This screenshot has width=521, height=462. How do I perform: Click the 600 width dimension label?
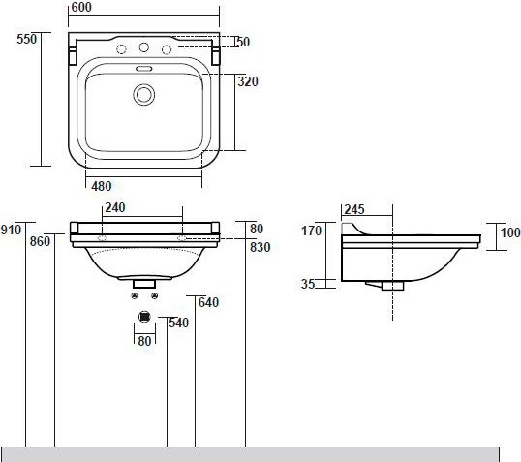click(81, 8)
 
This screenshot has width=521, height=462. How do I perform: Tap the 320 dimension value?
click(247, 82)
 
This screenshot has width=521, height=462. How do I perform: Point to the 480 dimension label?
click(103, 186)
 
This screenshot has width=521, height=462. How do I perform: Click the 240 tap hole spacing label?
click(116, 207)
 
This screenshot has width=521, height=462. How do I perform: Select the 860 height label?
click(41, 241)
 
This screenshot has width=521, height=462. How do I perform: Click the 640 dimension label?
click(208, 302)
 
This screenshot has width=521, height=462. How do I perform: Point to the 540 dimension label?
click(178, 323)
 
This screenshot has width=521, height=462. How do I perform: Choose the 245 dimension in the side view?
click(353, 207)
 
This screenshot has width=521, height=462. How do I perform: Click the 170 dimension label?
click(311, 231)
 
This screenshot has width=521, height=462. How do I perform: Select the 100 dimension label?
click(509, 231)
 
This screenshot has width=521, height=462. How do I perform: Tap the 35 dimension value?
click(307, 285)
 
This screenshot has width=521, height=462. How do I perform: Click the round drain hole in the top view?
click(144, 94)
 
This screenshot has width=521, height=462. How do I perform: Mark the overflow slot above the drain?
click(144, 69)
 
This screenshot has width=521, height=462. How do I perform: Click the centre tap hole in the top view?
click(144, 48)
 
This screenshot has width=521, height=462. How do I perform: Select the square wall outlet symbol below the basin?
click(144, 315)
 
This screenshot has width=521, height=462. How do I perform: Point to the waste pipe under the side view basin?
click(392, 285)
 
